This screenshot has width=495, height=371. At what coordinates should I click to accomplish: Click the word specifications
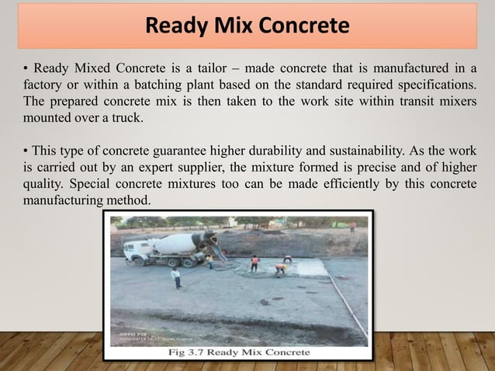[437, 85]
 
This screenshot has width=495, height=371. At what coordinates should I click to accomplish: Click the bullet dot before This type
[26, 151]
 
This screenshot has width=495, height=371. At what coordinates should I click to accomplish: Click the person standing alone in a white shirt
[177, 277]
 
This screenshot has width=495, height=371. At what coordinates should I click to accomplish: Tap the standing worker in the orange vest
[254, 262]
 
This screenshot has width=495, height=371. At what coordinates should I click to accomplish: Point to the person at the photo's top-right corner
[351, 227]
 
